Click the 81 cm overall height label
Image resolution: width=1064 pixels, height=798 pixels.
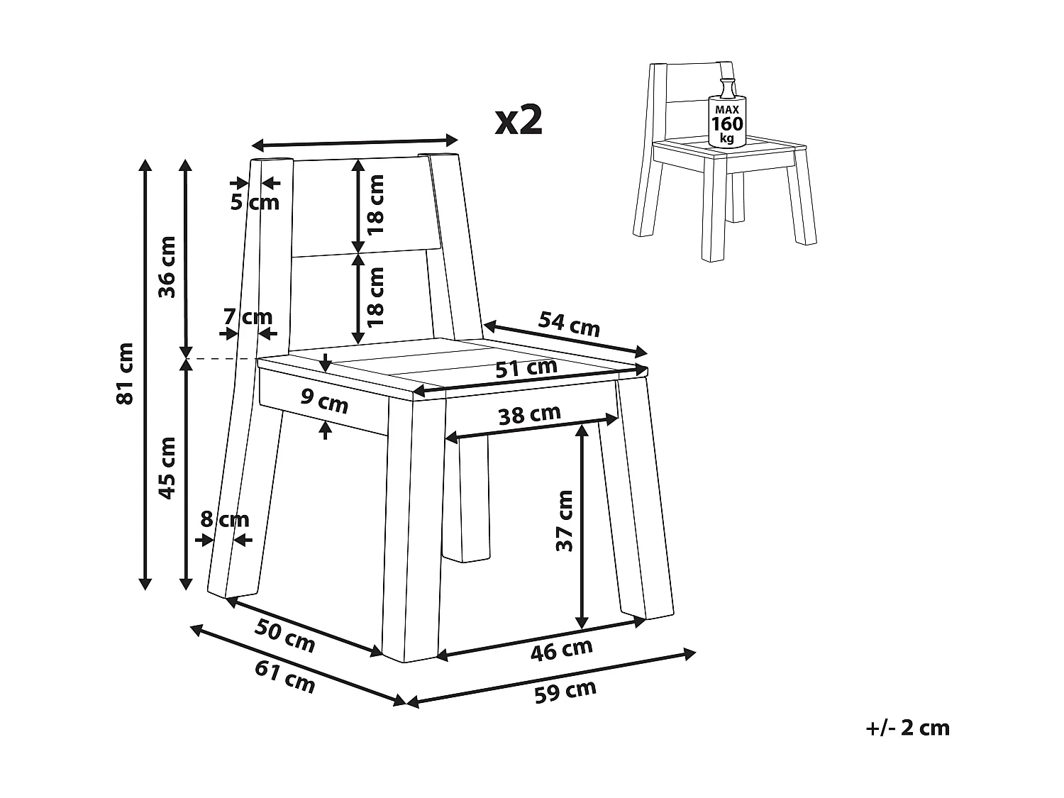pos(126,373)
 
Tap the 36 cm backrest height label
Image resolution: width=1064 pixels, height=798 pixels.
pos(167,267)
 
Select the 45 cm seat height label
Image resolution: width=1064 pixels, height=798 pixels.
pos(167,468)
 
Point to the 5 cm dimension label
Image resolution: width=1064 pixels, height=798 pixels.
pos(255,202)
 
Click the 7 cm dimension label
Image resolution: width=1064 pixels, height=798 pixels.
pos(248,316)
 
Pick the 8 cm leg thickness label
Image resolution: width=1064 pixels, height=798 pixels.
pos(225,520)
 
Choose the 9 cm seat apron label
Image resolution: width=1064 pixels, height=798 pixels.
pos(325,401)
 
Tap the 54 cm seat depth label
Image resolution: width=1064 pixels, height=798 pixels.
pos(569,323)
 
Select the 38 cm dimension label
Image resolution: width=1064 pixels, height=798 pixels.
pos(529,414)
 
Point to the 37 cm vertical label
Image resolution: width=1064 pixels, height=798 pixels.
pos(565,520)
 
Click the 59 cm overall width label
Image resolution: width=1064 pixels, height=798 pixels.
pos(565,691)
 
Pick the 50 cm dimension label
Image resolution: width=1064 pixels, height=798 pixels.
pos(285,635)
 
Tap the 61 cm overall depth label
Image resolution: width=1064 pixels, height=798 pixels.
pos(285,677)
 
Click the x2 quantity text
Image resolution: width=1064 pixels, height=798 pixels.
pos(519,120)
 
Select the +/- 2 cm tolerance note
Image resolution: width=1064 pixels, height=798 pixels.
pos(907,728)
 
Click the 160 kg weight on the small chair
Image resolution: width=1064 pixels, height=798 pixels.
pos(727,124)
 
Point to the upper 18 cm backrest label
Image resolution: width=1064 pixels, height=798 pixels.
pos(376,205)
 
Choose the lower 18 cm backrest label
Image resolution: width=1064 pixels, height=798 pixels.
pos(376,296)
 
